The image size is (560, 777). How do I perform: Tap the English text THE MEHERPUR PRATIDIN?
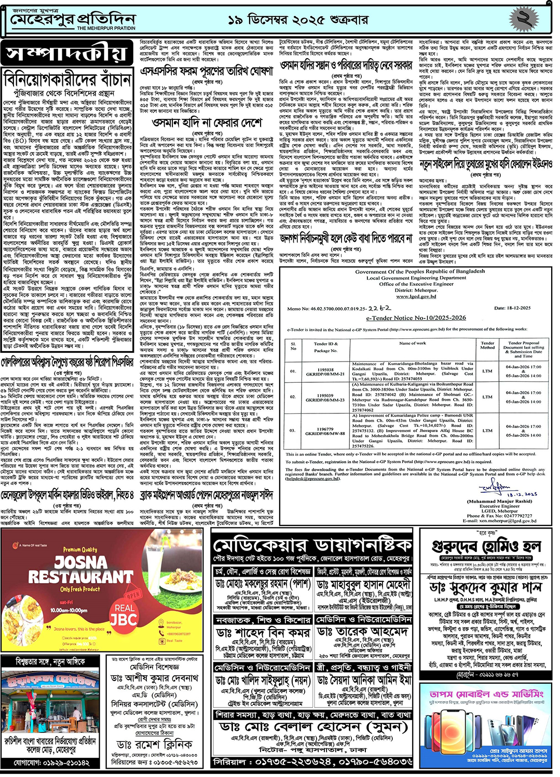point(106,29)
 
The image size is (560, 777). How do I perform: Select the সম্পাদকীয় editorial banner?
point(66,53)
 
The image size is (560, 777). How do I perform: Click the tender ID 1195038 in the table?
point(325,370)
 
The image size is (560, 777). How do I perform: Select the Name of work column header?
point(413,343)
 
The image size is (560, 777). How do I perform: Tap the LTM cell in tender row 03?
point(487,430)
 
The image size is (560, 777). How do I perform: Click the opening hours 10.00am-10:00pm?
point(69,610)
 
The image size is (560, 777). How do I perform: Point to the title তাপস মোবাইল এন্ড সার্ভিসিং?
point(486,693)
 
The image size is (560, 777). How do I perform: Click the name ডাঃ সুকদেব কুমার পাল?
point(486,588)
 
